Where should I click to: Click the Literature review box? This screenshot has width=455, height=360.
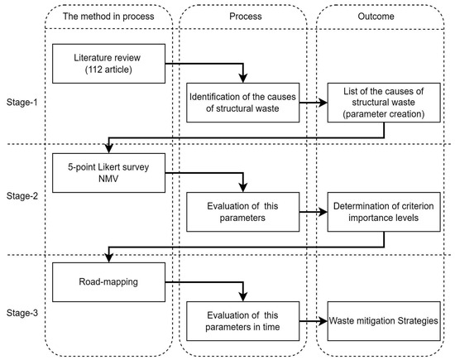(109, 64)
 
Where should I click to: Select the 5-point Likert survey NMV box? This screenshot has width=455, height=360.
(109, 173)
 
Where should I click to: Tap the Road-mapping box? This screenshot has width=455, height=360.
(109, 282)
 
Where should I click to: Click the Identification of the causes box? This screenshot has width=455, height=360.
(243, 103)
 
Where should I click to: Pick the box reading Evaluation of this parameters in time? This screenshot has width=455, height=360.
(243, 321)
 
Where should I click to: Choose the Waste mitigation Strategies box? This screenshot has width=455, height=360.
(384, 321)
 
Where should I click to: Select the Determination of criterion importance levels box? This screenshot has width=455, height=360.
(384, 212)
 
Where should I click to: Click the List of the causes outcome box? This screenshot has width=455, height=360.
(384, 103)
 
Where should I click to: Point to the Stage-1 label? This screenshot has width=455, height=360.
(22, 102)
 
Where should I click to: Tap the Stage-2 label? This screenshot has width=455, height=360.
(22, 196)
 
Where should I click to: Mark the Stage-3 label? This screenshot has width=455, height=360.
(22, 313)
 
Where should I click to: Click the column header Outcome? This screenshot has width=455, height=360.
(376, 17)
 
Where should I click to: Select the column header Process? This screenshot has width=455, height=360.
(246, 17)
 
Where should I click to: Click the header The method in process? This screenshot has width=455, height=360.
(108, 17)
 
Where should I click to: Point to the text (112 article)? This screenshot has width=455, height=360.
(108, 70)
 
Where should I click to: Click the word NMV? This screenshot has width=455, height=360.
(108, 179)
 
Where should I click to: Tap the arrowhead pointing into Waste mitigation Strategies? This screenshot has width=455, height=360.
(323, 321)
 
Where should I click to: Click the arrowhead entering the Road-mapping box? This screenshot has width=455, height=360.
(109, 258)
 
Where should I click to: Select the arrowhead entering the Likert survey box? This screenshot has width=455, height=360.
(109, 149)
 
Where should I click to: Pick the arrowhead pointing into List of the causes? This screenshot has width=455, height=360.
(323, 103)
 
